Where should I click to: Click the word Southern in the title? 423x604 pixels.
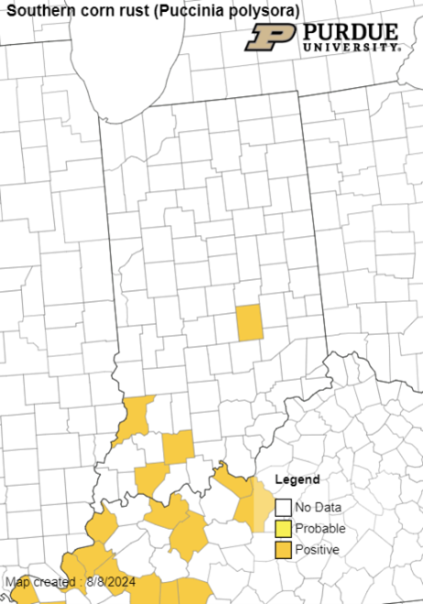pos(38,10)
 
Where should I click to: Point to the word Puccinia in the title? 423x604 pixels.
pos(176,10)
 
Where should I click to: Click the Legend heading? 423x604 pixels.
pos(298,480)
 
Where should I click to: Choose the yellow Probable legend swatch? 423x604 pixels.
pos(284,528)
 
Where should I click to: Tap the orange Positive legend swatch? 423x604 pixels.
pos(284,549)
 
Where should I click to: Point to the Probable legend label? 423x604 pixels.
pos(320,528)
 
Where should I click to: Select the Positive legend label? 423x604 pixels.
pos(318,549)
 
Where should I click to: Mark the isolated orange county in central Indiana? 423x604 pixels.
pos(249,322)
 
